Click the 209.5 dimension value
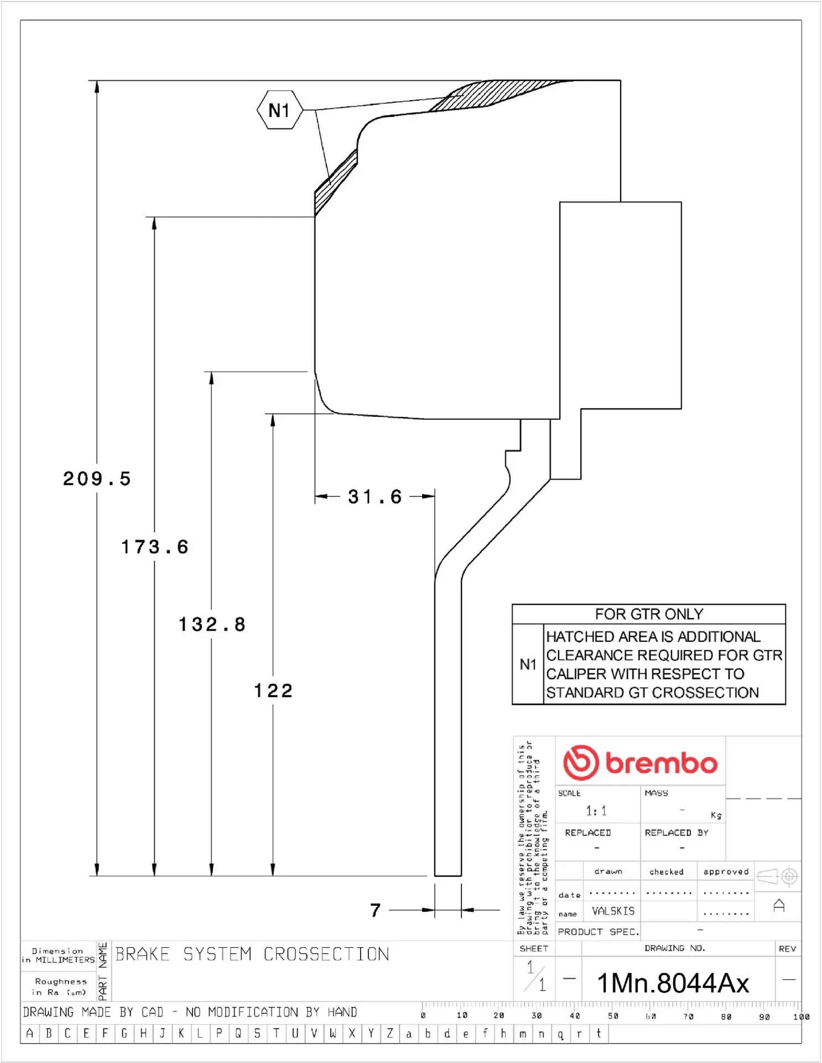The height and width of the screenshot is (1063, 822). point(97,479)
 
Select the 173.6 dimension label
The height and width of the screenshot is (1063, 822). point(155,547)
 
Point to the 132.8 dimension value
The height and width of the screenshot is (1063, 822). point(212,625)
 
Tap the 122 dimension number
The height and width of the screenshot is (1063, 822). point(273,690)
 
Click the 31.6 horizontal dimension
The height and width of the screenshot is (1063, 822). point(374,497)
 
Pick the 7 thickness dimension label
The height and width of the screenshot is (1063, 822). point(376,910)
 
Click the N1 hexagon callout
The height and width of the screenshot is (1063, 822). point(280,110)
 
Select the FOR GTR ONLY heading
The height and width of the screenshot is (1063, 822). point(649,614)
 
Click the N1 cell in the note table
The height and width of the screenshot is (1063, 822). point(528,664)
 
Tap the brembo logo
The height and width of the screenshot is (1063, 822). point(640,762)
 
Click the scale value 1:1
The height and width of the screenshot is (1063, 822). point(596,811)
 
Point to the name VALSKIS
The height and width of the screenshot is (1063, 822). point(613,911)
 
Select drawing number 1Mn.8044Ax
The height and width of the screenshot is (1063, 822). point(673,983)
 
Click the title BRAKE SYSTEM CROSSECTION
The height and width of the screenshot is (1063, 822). point(252,954)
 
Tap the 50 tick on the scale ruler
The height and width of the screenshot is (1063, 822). point(613,1016)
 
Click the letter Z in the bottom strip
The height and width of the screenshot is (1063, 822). point(390,1033)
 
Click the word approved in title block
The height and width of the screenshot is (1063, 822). point(726,871)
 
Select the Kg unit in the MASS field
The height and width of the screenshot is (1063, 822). point(716,816)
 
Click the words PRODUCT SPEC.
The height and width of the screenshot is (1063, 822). point(598,932)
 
